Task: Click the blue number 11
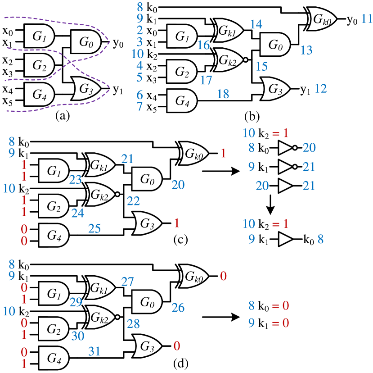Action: (367, 19)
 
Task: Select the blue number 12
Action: (320, 89)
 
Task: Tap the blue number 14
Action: (256, 24)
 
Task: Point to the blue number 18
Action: (223, 94)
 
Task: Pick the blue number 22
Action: (133, 201)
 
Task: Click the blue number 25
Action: (94, 229)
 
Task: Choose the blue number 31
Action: (94, 351)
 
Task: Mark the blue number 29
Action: (76, 302)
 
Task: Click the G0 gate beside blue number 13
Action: (275, 45)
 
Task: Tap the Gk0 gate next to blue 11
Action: (322, 19)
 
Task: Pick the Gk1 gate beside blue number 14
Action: (229, 30)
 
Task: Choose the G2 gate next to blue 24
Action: (54, 206)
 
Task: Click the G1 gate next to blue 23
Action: (54, 171)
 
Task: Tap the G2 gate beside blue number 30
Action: (54, 329)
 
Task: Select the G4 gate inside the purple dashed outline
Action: (39, 95)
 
